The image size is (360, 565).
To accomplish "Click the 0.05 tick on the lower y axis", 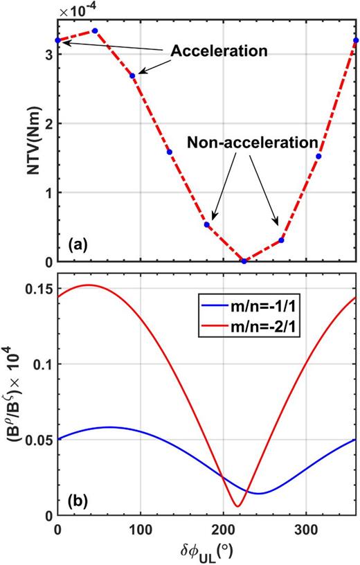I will (37, 440).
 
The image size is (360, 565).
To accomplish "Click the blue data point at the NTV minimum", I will (244, 261).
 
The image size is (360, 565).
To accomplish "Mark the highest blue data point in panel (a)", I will (95, 30).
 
